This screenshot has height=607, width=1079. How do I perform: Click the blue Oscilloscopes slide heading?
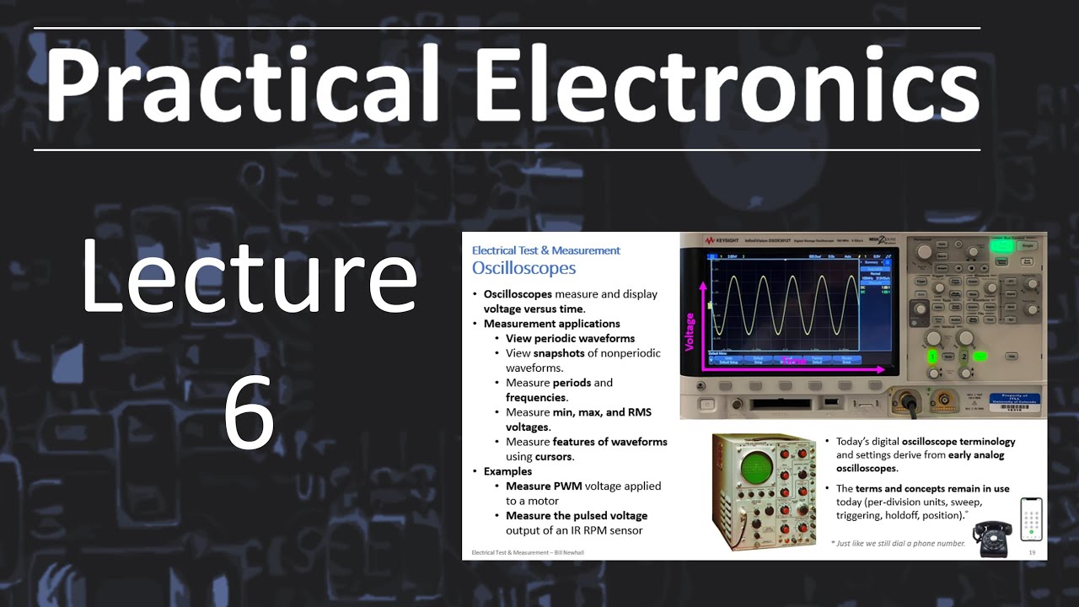[523, 268]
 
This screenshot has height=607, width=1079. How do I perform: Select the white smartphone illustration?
[1031, 520]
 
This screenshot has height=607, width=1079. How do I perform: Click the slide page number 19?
[1032, 552]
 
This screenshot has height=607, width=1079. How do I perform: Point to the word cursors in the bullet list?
[554, 457]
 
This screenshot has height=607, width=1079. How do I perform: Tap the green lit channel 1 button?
[933, 357]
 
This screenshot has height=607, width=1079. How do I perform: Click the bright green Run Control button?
[1001, 245]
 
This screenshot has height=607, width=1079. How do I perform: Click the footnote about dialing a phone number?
[898, 543]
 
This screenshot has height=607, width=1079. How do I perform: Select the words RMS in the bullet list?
[637, 412]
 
